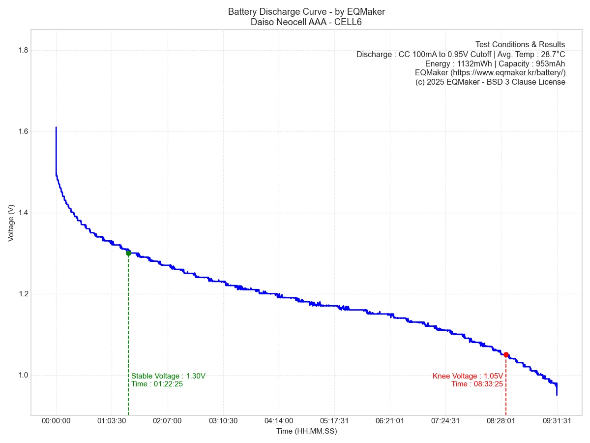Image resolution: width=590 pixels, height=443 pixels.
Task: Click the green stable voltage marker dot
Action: click(x=128, y=253)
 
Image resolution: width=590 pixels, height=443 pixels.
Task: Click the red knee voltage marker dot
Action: click(x=506, y=354)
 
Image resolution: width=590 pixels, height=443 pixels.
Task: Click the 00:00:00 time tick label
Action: click(x=56, y=421)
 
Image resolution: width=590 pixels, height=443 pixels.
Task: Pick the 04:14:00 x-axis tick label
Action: click(x=279, y=421)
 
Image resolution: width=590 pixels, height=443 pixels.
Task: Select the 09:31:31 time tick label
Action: click(x=557, y=421)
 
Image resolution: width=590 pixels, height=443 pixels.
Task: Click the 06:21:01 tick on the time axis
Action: click(x=390, y=421)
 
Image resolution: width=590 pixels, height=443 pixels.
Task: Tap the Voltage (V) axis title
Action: click(x=11, y=222)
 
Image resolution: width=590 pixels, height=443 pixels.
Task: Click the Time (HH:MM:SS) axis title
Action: click(x=306, y=431)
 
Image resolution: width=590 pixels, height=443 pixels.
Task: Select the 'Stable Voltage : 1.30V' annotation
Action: click(x=168, y=376)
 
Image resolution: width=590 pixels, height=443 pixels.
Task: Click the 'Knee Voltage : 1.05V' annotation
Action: click(x=468, y=376)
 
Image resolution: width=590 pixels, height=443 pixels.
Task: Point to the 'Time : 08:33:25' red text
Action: click(x=477, y=384)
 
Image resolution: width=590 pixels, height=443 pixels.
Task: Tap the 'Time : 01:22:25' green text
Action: click(x=157, y=384)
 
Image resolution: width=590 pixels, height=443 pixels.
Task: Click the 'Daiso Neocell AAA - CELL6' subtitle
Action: click(x=306, y=22)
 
